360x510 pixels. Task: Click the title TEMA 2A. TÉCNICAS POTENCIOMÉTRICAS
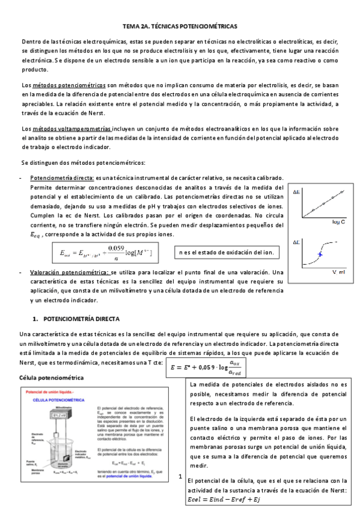pos(180,27)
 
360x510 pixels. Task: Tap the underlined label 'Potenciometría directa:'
pos(61,179)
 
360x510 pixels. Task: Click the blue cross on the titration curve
pos(320,255)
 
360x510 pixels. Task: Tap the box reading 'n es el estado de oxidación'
pos(225,252)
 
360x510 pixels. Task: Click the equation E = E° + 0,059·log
pos(210,366)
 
